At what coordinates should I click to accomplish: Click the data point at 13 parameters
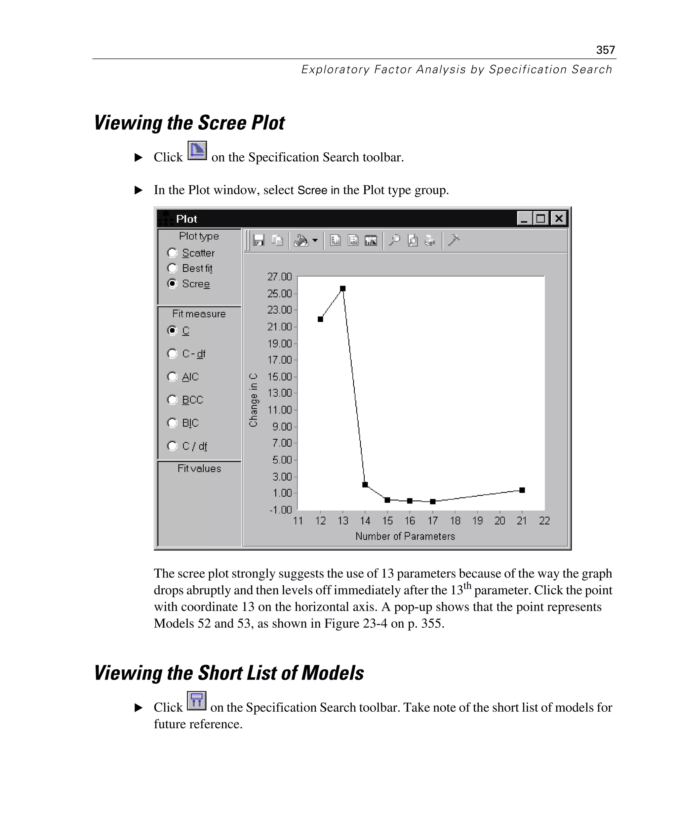click(343, 289)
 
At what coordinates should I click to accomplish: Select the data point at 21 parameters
click(522, 490)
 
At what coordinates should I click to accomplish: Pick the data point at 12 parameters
click(321, 319)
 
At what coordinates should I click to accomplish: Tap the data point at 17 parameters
click(433, 501)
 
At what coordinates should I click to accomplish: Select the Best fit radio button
click(172, 268)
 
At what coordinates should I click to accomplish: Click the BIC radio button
click(172, 423)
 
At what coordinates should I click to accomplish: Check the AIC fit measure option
click(172, 377)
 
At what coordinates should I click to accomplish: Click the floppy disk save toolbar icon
click(258, 240)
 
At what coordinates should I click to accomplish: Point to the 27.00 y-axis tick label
click(279, 277)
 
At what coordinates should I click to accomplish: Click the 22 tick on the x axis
click(544, 521)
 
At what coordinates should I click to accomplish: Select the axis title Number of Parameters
click(405, 536)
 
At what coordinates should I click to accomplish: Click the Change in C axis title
click(254, 400)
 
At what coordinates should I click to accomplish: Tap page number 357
click(605, 50)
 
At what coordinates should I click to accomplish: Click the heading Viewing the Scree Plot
click(189, 123)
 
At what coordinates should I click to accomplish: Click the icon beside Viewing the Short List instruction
click(197, 701)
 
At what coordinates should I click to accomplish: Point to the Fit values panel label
click(199, 468)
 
